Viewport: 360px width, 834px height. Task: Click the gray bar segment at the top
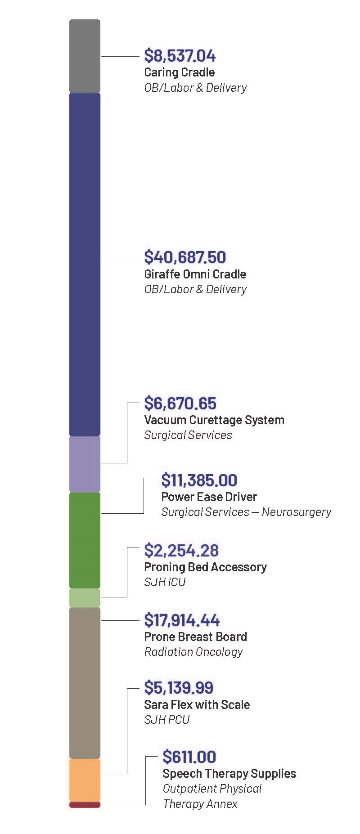coord(85,56)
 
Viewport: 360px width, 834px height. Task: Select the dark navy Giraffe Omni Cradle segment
coord(85,265)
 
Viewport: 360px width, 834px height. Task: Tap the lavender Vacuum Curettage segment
coord(85,464)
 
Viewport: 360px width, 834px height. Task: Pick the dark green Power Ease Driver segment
coord(85,540)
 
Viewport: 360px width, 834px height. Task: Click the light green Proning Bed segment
coord(85,598)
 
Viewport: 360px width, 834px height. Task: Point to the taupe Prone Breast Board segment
coord(85,682)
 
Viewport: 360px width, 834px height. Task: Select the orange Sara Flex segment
coord(85,780)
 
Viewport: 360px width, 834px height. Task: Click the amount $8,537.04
coord(180,56)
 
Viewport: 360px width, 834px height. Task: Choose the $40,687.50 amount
coord(185,257)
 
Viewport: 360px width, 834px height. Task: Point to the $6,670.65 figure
coord(180,403)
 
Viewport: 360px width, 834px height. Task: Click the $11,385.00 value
coord(199,480)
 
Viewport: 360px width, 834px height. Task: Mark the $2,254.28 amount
coord(181,550)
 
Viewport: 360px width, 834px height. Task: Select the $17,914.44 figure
coord(182,620)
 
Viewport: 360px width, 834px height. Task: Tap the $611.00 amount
coord(189,757)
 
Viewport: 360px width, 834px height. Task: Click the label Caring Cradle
coord(179,72)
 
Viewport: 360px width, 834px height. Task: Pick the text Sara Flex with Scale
coord(197,704)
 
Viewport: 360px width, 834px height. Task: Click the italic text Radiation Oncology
coord(193,652)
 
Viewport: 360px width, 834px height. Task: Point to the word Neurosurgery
coord(297,512)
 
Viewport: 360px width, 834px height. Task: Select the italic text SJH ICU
coord(165,582)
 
